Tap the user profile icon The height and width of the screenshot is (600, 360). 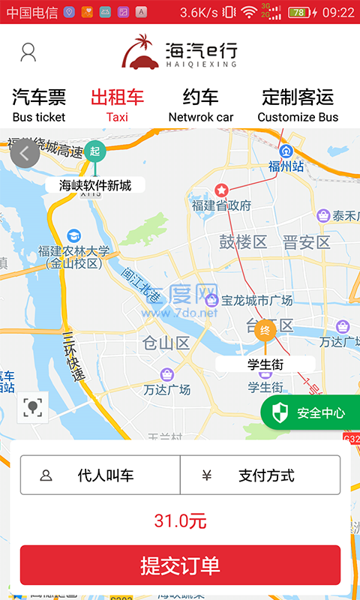pyautogui.click(x=28, y=52)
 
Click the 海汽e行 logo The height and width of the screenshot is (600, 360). pyautogui.click(x=180, y=52)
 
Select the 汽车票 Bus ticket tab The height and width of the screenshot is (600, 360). pyautogui.click(x=39, y=105)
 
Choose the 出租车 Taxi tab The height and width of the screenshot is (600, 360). pyautogui.click(x=117, y=105)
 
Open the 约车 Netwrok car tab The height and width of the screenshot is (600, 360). pyautogui.click(x=201, y=105)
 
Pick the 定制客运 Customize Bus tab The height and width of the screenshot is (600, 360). pyautogui.click(x=298, y=105)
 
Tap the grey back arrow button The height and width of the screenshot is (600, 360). pyautogui.click(x=25, y=154)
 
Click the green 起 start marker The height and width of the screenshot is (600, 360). pyautogui.click(x=94, y=151)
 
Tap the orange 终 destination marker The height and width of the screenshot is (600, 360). pyautogui.click(x=265, y=331)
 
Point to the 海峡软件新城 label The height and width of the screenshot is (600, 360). pyautogui.click(x=95, y=185)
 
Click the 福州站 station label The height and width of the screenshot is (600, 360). pyautogui.click(x=286, y=166)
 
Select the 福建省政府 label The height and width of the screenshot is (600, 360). pyautogui.click(x=221, y=205)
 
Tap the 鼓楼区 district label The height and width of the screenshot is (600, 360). pyautogui.click(x=243, y=242)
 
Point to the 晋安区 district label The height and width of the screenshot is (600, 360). pyautogui.click(x=306, y=242)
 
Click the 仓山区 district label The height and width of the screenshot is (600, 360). pyautogui.click(x=166, y=343)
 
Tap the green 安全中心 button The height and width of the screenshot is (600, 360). pyautogui.click(x=311, y=412)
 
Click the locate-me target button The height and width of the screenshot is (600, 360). pyautogui.click(x=32, y=407)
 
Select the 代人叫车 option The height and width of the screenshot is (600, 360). pyautogui.click(x=100, y=475)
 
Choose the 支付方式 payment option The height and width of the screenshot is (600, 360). pyautogui.click(x=260, y=475)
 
